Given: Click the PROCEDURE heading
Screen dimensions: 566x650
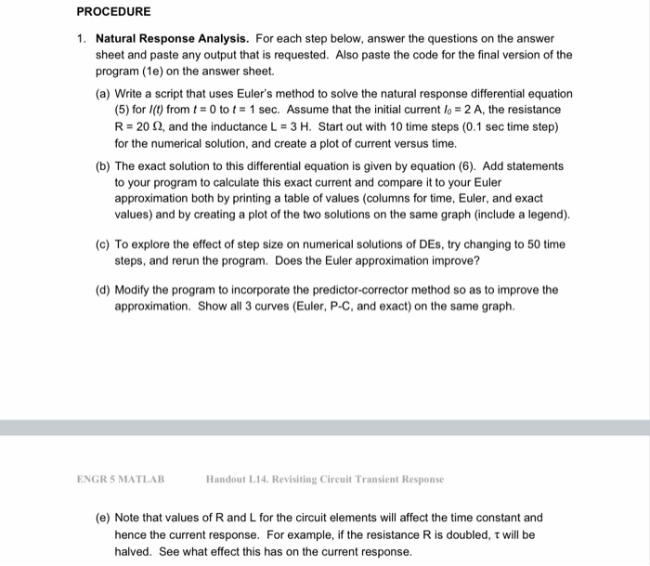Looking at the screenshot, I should (x=113, y=12).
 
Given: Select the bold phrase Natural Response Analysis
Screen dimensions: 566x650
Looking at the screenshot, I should (x=172, y=39).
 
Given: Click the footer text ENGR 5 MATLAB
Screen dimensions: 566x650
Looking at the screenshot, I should (x=121, y=480).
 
